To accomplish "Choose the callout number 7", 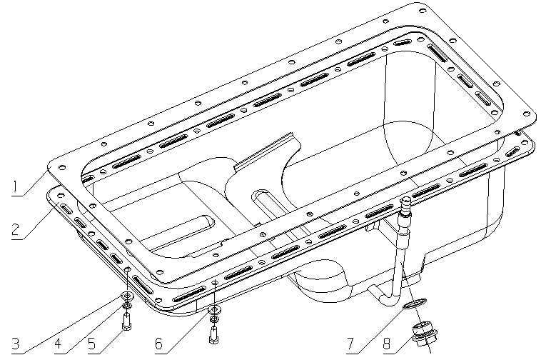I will click(x=351, y=343).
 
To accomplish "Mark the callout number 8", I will click(x=386, y=343).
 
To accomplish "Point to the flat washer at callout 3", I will click(x=126, y=296).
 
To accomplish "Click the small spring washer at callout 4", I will click(x=126, y=307).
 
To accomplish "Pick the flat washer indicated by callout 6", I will click(x=213, y=310).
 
